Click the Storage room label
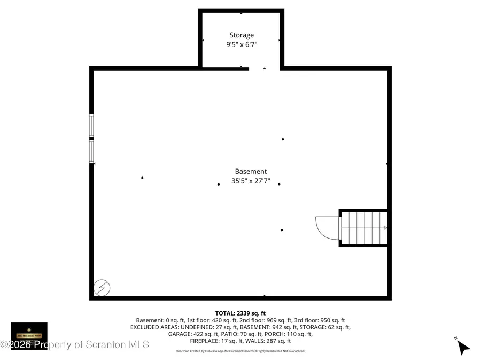click(x=242, y=35)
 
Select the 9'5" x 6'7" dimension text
click(x=242, y=45)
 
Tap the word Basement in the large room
click(x=251, y=172)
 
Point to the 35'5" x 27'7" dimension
click(x=251, y=181)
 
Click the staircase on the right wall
click(x=364, y=228)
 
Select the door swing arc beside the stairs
click(x=327, y=227)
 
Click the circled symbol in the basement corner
click(x=102, y=288)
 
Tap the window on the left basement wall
click(x=92, y=139)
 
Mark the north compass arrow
click(x=463, y=347)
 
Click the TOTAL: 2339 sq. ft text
click(x=240, y=313)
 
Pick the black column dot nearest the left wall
click(x=142, y=178)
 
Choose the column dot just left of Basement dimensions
click(x=218, y=185)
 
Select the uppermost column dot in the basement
click(x=283, y=139)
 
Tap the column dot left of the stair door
click(x=282, y=230)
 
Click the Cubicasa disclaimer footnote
click(x=240, y=351)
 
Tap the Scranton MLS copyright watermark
click(x=75, y=344)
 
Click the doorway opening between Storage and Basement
click(x=264, y=68)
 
